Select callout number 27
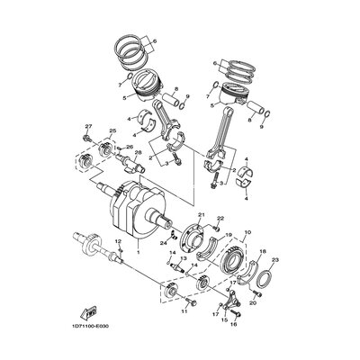[x=88, y=127]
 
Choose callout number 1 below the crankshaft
[x=137, y=255]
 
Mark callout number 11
[x=183, y=312]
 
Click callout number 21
[x=202, y=216]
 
